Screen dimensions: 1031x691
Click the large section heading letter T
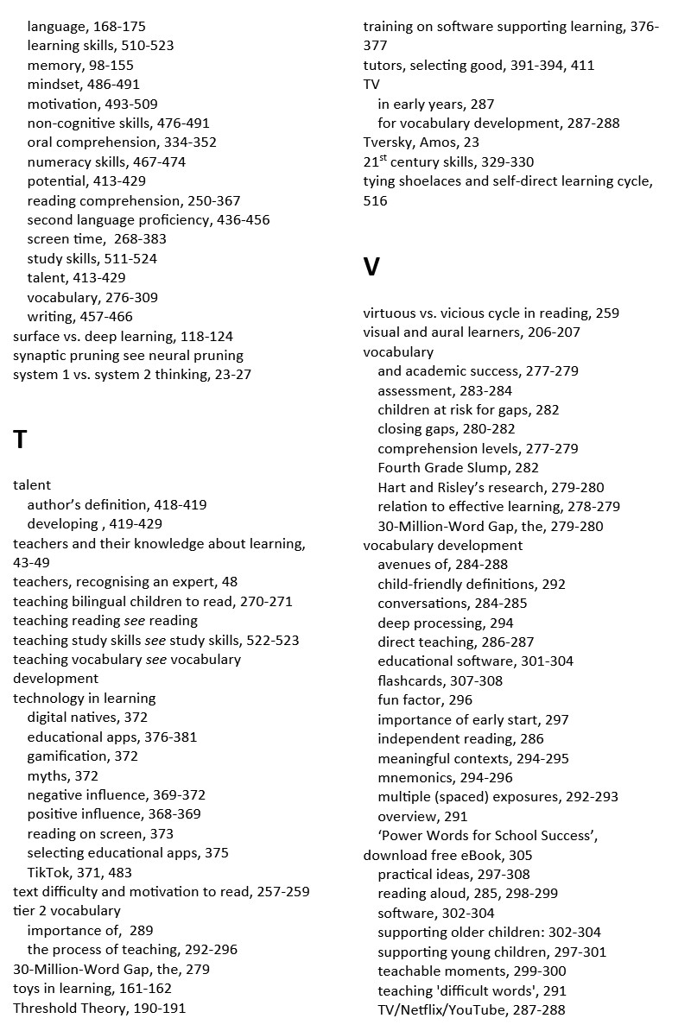(x=21, y=440)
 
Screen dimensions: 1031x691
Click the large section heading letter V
(x=371, y=268)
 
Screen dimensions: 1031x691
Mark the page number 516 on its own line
(x=375, y=201)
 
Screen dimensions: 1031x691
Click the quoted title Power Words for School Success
(x=487, y=836)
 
